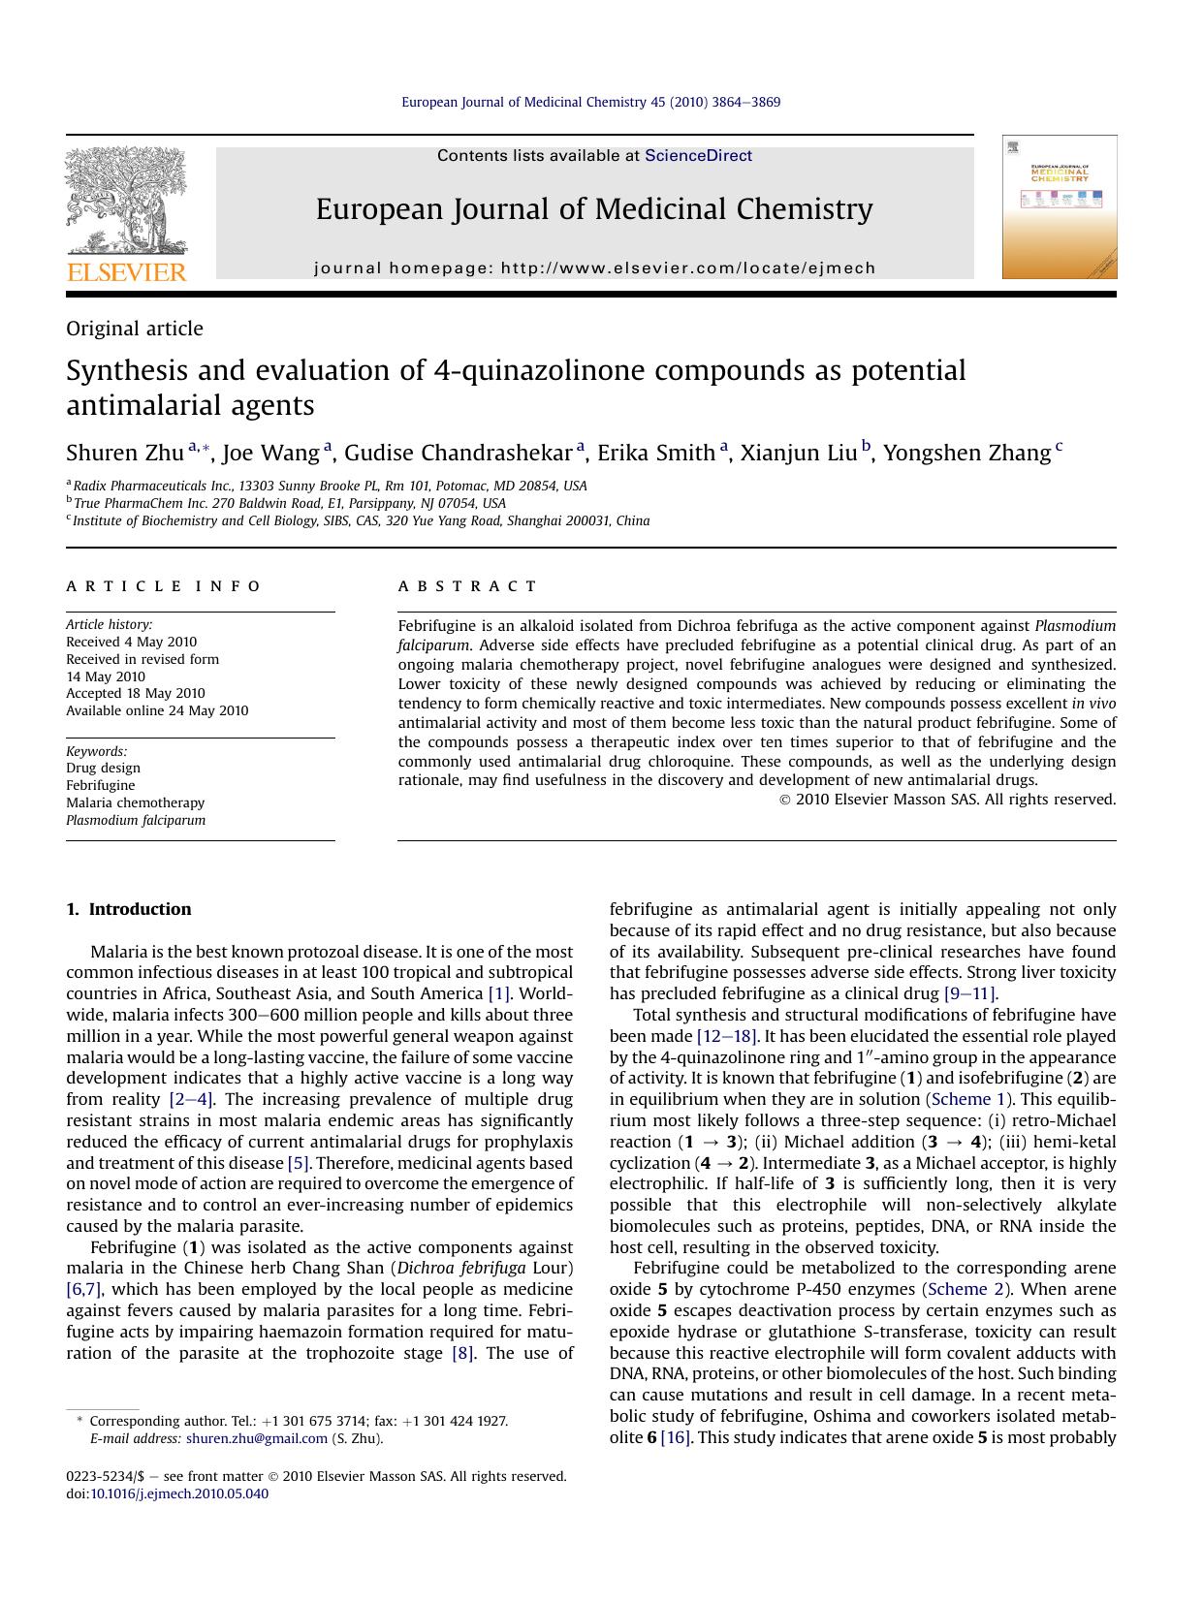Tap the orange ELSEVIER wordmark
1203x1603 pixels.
(x=126, y=272)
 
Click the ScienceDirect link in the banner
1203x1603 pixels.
(x=698, y=156)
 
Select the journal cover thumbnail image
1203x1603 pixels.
(x=1060, y=207)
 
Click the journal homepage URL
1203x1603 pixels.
(x=688, y=268)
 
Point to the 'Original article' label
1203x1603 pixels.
(x=135, y=329)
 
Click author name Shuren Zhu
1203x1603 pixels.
(x=125, y=454)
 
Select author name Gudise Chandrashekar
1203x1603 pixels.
(x=458, y=454)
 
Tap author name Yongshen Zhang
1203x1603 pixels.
(x=966, y=454)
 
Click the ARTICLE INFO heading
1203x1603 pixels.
(x=164, y=586)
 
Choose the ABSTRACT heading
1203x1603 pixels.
(x=467, y=586)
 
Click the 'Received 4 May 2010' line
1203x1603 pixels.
(x=131, y=642)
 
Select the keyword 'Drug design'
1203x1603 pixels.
(x=103, y=768)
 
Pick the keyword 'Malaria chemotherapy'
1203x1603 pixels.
(x=135, y=802)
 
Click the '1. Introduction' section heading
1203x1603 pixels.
(x=129, y=909)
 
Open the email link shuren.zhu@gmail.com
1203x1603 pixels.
(x=257, y=1438)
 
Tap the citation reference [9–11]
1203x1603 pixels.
(x=969, y=993)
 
